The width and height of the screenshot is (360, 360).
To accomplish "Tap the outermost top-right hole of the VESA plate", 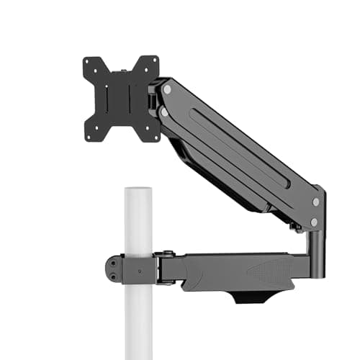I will [153, 62].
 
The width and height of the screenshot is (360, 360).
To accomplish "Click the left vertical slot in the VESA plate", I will [109, 99].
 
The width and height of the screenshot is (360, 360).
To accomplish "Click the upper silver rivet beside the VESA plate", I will [167, 89].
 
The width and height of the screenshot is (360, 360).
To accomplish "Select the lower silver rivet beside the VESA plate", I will [164, 112].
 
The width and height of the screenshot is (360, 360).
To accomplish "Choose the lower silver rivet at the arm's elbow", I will [314, 222].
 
